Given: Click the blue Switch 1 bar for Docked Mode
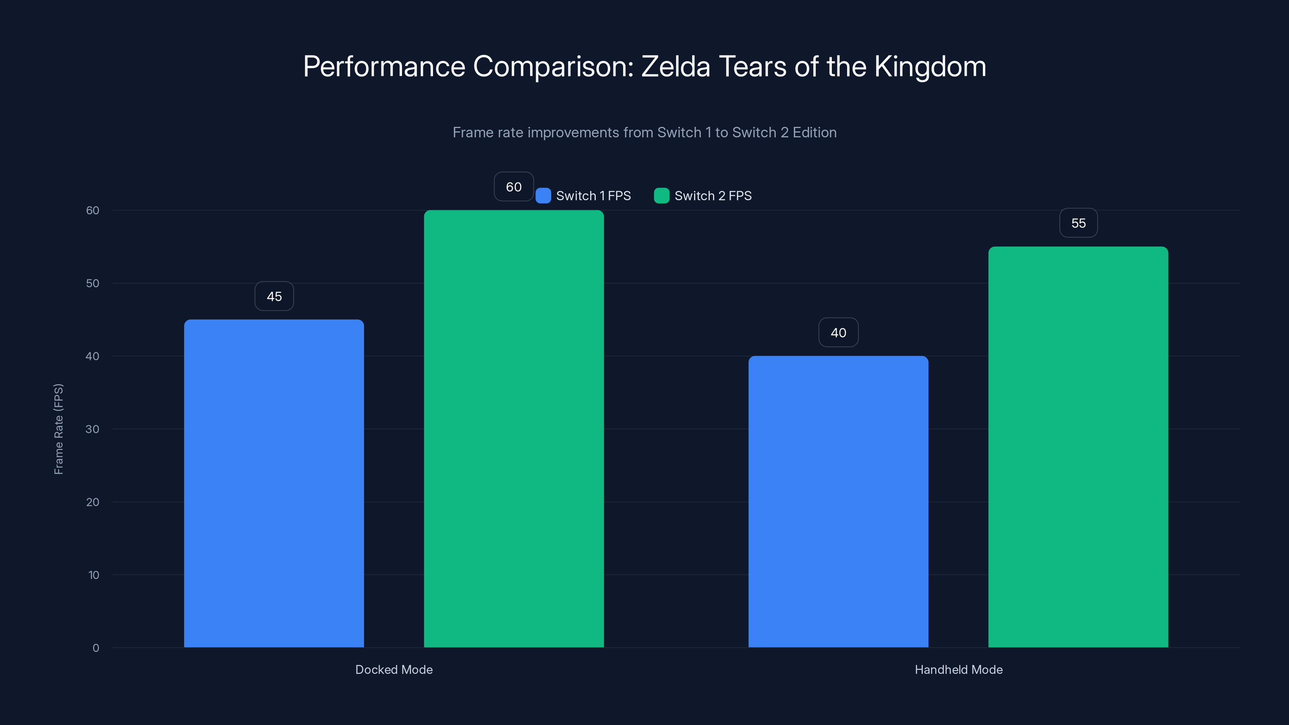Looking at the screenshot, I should point(274,483).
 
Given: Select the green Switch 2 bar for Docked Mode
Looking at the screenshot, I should point(514,428).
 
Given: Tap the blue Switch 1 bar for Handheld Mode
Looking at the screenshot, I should point(838,501).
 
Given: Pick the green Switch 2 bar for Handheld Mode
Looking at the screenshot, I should point(1078,446).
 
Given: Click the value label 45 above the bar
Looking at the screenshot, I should point(274,296).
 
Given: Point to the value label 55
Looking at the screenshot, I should point(1078,223).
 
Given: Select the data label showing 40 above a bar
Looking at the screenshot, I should point(838,333).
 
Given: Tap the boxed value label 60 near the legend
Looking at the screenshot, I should point(514,186).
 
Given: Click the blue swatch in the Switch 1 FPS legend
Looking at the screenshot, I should point(543,196).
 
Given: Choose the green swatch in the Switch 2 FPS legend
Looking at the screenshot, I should point(661,196).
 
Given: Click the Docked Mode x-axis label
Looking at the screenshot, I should point(394,669).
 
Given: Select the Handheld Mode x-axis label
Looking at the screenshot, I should point(958,669).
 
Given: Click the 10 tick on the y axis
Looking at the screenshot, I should point(93,575).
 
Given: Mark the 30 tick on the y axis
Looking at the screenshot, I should point(93,429).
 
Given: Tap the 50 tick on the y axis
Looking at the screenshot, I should point(93,283).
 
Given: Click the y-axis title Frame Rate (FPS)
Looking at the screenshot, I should point(58,429).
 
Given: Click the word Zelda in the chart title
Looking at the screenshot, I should point(676,66).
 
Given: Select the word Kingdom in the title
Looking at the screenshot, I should point(930,66).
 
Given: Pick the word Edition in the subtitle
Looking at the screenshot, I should point(814,133).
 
